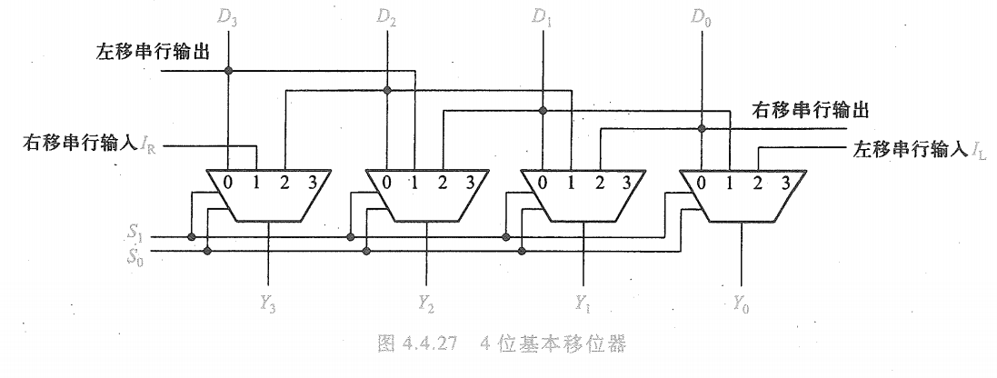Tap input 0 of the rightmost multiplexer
[701, 182]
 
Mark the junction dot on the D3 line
[231, 70]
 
